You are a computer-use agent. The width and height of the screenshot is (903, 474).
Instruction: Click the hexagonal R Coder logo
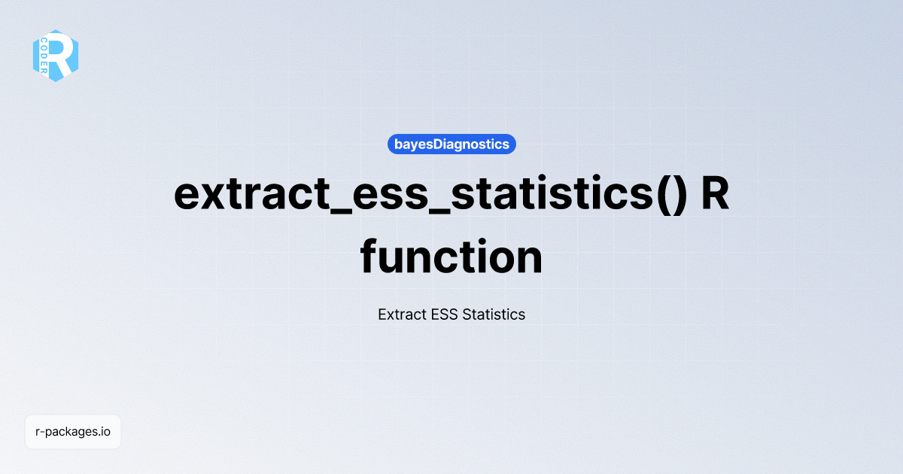coord(56,55)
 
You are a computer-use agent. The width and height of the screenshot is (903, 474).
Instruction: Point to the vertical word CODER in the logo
coord(44,56)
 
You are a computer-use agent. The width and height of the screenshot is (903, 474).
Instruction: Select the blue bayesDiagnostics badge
coord(451,144)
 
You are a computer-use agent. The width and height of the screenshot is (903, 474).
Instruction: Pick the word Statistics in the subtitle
coord(494,314)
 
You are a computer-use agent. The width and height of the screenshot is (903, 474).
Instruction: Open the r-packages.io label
coord(73,432)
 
